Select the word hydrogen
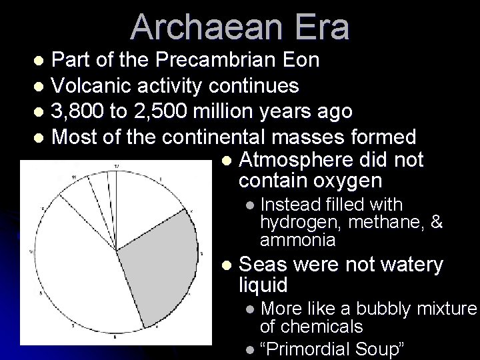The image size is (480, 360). tap(291, 222)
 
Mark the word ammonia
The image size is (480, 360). tap(298, 239)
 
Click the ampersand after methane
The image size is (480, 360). tap(437, 222)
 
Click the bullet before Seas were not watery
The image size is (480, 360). tap(227, 266)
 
